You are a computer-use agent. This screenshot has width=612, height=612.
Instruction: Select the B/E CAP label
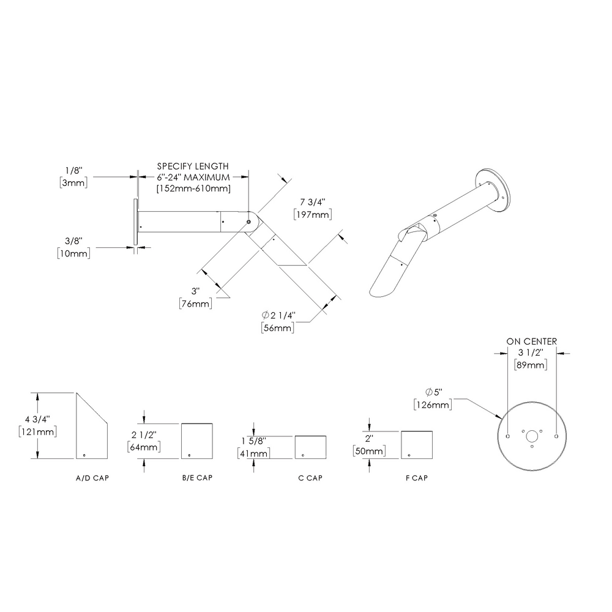coord(197,477)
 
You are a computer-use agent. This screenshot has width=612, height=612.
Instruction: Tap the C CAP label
coord(310,477)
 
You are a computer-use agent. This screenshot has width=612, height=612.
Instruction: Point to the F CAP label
coord(416,477)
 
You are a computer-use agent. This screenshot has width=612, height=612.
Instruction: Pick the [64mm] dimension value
coord(144,447)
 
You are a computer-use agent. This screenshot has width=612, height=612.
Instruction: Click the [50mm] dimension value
coord(368,451)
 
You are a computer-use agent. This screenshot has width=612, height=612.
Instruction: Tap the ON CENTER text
coord(531,341)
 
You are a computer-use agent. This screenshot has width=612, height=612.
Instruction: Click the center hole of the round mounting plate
coord(532,436)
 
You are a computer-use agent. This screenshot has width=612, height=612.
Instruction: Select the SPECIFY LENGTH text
coord(193,166)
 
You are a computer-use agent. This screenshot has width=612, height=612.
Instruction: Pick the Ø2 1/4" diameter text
coord(278,315)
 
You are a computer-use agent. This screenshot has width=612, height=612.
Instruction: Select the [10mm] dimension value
coord(73,253)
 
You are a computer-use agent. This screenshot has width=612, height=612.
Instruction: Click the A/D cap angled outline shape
coord(92,428)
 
